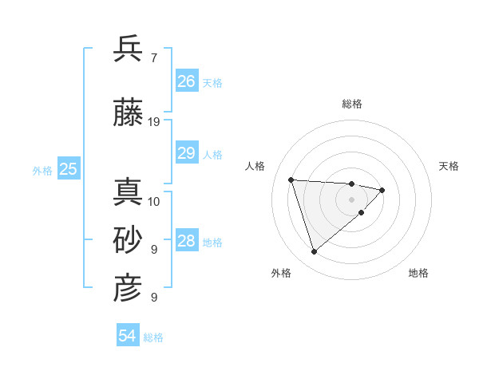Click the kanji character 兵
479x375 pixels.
tap(128, 49)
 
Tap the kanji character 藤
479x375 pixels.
tap(128, 112)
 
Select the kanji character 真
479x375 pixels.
tap(128, 191)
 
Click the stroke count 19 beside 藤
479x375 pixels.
tap(154, 122)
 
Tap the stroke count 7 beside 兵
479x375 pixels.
tap(153, 58)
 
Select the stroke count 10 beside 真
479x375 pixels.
tap(154, 201)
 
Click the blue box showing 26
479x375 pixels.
tap(187, 81)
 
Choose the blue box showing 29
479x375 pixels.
tap(187, 153)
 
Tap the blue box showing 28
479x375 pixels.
tap(187, 242)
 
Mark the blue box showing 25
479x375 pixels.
tap(69, 169)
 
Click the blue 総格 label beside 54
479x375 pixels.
tap(153, 337)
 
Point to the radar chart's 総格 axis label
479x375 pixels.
tap(352, 104)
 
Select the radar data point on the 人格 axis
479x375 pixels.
tap(291, 180)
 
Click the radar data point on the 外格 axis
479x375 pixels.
tap(314, 252)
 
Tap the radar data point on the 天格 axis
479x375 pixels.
tap(382, 190)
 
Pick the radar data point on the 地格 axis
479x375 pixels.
tap(361, 212)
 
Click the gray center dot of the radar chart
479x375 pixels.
tap(351, 199)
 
